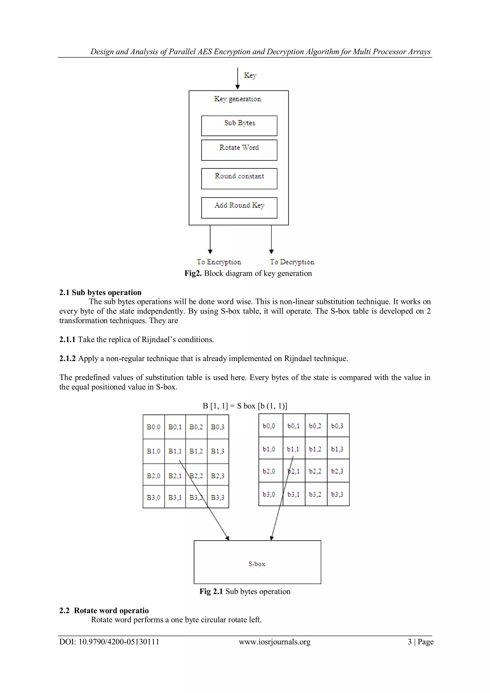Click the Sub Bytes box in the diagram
(x=239, y=126)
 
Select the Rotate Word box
(x=239, y=150)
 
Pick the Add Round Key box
(x=239, y=208)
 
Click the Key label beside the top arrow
(x=250, y=75)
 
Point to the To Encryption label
(x=219, y=262)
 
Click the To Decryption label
(x=292, y=262)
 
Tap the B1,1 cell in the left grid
(x=175, y=451)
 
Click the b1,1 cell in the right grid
(x=293, y=449)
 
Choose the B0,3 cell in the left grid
(x=217, y=427)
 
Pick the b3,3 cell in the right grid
(x=337, y=494)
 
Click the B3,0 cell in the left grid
(x=154, y=497)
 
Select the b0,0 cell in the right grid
(x=269, y=426)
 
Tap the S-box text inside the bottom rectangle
(x=257, y=564)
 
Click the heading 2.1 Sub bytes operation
(x=100, y=292)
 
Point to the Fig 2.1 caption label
(x=211, y=591)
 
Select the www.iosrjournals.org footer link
(x=275, y=642)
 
